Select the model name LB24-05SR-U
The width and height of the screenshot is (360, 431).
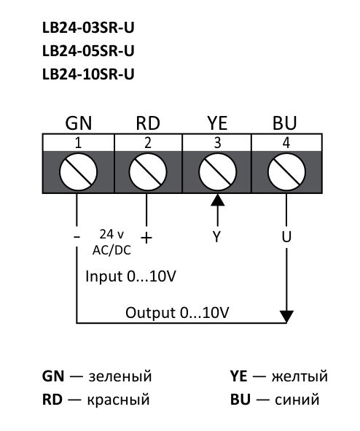(x=88, y=51)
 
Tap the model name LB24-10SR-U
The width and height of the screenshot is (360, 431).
(x=88, y=74)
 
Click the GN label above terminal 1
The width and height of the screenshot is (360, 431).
(x=78, y=122)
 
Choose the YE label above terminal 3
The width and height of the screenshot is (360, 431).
(x=216, y=122)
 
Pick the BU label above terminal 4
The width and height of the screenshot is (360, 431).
(x=285, y=122)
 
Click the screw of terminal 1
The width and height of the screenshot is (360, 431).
(x=78, y=174)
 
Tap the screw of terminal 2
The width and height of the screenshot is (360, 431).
(x=147, y=174)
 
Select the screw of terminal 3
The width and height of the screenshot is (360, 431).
(x=216, y=174)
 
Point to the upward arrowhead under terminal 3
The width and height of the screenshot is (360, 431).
(x=216, y=201)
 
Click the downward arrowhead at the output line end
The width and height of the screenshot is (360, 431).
(x=286, y=316)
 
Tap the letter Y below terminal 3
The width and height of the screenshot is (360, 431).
(x=216, y=238)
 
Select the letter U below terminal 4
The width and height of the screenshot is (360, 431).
(x=286, y=238)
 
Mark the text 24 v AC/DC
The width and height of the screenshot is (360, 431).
(x=111, y=241)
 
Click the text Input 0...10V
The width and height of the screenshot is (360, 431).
(x=130, y=278)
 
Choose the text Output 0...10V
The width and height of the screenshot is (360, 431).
(x=179, y=312)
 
